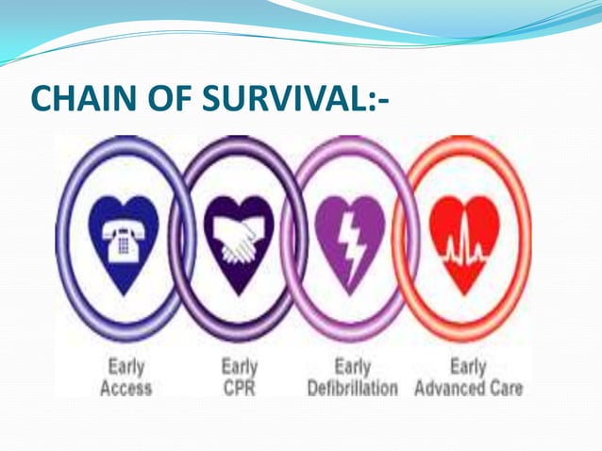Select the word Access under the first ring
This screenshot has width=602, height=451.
coord(125,388)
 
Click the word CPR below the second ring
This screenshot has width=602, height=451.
coord(240,388)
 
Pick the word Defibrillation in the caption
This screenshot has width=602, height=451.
coord(352,388)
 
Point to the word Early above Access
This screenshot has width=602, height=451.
coord(125,366)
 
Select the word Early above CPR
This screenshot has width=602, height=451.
coord(240,366)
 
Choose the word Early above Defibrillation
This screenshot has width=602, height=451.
coord(352,366)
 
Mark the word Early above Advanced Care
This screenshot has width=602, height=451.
coord(468,366)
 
